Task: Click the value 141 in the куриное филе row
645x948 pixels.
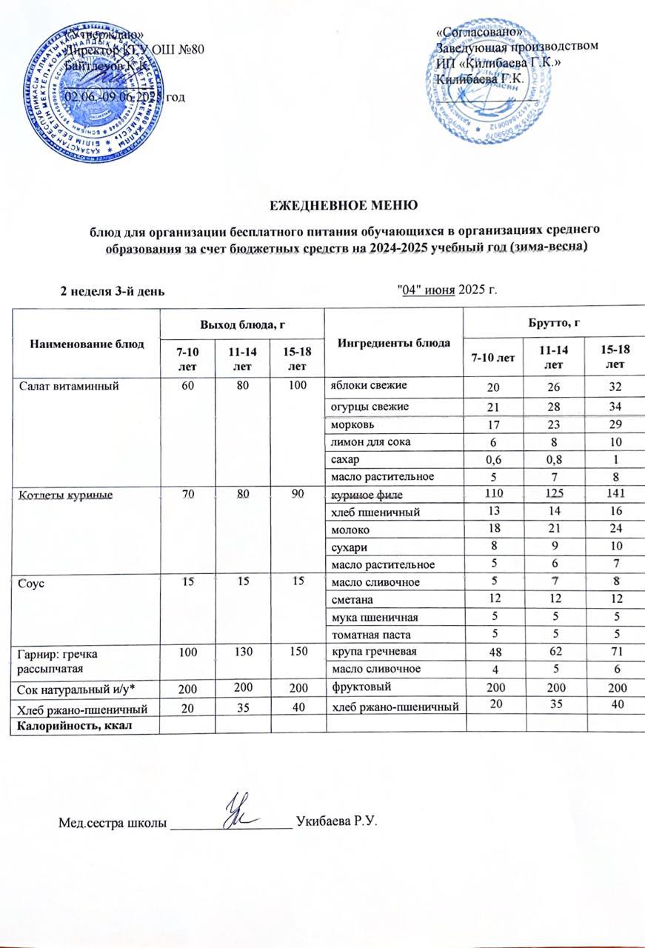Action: [x=610, y=494]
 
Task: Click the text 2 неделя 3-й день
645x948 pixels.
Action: [x=112, y=289]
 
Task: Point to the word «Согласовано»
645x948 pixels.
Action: [x=481, y=33]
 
